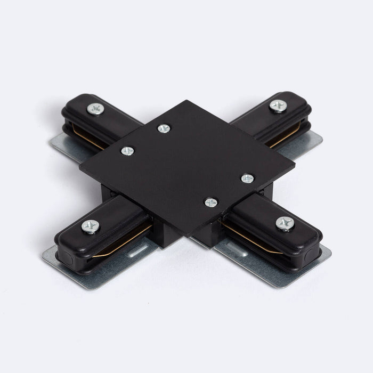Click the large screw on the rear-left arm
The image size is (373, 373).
point(96,109)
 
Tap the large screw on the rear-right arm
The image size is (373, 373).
point(278,106)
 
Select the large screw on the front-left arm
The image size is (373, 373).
point(90,226)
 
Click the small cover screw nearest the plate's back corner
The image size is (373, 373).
point(164,128)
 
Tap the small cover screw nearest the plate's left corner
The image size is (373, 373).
point(127,151)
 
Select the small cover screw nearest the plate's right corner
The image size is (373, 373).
point(247,179)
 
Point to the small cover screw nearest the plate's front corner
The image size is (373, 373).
point(212,202)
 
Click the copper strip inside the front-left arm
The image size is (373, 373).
point(120,245)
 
